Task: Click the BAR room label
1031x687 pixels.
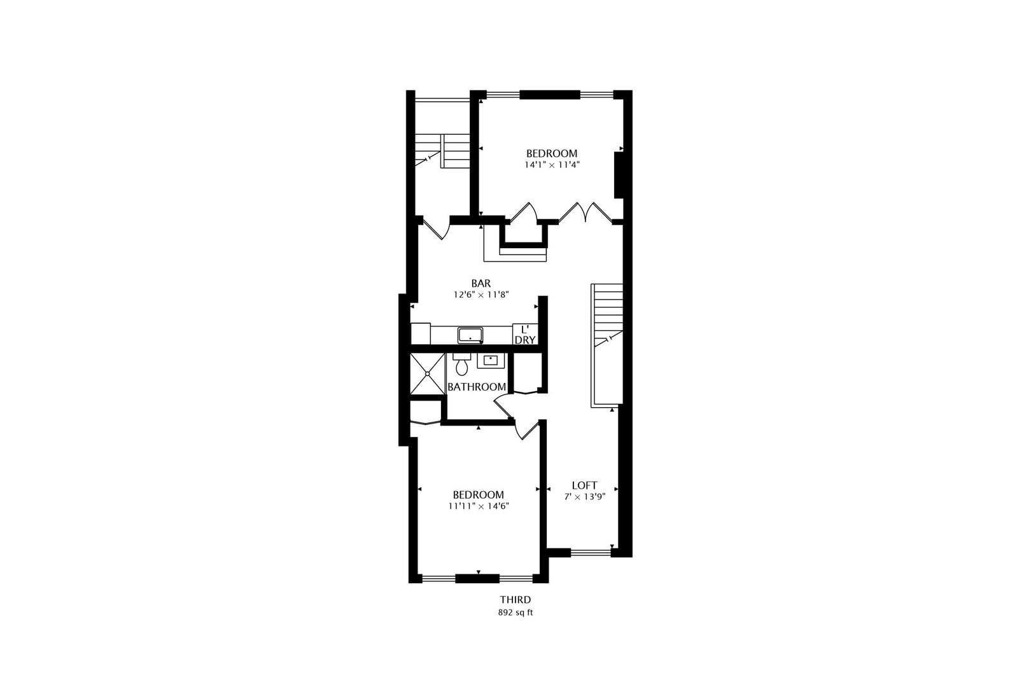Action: click(480, 283)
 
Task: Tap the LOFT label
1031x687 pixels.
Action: click(584, 485)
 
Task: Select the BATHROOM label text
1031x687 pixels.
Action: click(477, 387)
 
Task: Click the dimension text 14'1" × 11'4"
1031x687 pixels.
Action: click(552, 165)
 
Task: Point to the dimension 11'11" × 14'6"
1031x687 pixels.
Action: click(478, 506)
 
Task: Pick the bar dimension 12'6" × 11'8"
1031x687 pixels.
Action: click(480, 295)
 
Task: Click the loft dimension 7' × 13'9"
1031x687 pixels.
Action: click(584, 497)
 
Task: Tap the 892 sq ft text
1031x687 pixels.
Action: click(515, 613)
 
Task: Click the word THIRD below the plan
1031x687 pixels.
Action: click(515, 600)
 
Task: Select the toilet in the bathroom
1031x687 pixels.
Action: click(461, 364)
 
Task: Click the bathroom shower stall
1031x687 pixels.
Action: click(427, 374)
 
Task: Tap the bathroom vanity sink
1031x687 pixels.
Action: click(491, 361)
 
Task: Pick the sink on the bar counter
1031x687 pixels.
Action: click(470, 335)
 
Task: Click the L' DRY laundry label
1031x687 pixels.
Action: click(525, 335)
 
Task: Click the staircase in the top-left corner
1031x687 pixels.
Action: click(441, 151)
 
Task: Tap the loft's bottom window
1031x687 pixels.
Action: click(591, 552)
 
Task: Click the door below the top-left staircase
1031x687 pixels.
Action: click(437, 230)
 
